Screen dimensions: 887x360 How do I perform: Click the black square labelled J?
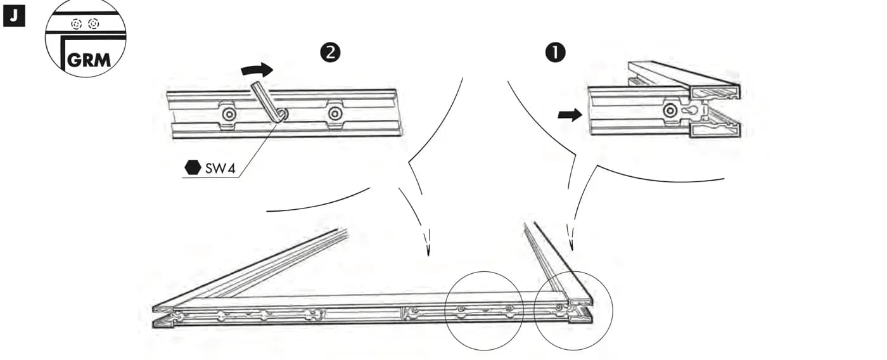14,16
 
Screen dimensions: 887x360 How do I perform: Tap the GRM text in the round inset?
89,60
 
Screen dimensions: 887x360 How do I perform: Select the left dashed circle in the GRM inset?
77,24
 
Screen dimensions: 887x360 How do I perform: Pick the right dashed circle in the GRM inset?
94,24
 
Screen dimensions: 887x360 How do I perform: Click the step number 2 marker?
330,53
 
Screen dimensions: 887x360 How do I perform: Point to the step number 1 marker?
555,53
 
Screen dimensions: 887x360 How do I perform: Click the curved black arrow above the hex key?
257,70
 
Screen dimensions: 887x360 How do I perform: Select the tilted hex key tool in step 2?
269,102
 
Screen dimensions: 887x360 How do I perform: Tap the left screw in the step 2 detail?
229,115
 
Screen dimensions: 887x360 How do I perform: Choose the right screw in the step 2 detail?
335,114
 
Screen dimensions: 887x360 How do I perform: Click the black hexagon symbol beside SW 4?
193,167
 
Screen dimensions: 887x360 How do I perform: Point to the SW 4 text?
220,169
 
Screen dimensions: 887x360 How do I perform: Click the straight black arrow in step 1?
570,115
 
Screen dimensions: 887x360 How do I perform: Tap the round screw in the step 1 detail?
670,110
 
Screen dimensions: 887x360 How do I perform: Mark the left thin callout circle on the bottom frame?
484,311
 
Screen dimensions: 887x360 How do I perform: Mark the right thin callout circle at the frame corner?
573,311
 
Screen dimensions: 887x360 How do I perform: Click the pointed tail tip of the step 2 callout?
428,255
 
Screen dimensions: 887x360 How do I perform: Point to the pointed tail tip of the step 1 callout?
571,250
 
